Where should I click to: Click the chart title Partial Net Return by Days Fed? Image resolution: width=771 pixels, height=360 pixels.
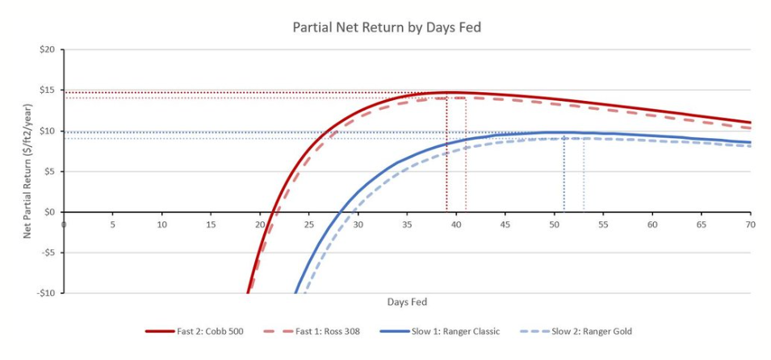[387, 27]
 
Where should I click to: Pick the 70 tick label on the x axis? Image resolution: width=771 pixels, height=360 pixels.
[750, 224]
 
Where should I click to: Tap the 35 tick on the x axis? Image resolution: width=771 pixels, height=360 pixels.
[407, 224]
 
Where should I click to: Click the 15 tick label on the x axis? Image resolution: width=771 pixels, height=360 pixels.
[211, 224]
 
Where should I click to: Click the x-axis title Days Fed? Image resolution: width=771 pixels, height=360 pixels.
[407, 302]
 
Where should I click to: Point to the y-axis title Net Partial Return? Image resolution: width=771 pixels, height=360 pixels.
[28, 172]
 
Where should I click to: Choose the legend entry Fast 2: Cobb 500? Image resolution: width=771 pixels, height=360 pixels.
[195, 332]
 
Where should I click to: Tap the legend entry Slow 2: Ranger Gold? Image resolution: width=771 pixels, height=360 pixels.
[576, 332]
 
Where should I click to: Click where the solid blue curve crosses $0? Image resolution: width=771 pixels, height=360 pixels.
[339, 212]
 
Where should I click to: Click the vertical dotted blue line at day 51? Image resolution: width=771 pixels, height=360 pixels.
[564, 172]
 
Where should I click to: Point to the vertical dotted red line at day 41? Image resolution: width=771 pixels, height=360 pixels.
[466, 155]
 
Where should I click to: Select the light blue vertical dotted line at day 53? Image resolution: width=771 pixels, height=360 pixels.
[584, 175]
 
